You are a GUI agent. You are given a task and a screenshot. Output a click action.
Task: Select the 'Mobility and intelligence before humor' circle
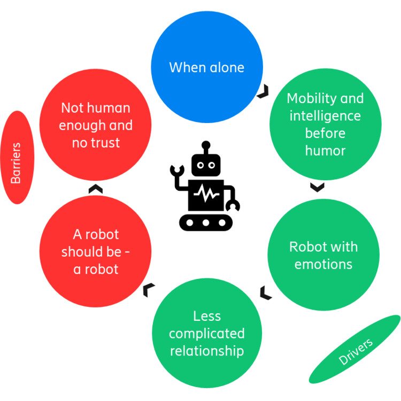tap(325, 125)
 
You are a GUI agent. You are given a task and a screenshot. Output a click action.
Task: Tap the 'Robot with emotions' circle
tap(323, 256)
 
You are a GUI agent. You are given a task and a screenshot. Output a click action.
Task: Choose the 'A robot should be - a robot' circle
tap(96, 251)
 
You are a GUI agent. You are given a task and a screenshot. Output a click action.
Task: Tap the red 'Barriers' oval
tap(18, 157)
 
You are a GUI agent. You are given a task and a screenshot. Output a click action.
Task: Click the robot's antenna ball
tap(205, 144)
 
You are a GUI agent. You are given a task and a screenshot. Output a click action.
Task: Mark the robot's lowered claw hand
tap(233, 205)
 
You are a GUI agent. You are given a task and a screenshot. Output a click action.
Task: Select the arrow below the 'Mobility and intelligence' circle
tap(317, 187)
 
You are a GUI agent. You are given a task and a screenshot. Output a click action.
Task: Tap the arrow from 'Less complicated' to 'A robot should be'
tap(149, 290)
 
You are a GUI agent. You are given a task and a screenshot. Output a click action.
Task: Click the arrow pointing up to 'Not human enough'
tap(95, 188)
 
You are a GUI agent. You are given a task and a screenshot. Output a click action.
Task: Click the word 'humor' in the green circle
tap(325, 151)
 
